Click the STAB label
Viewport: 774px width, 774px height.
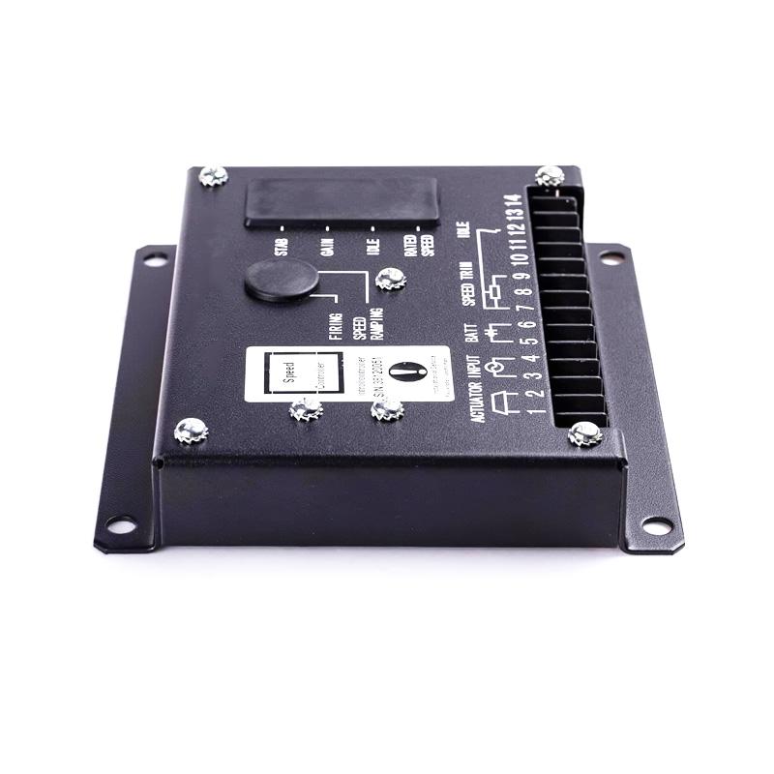pos(283,246)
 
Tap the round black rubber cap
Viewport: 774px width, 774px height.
pos(282,280)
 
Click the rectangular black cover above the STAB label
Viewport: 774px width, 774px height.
pos(341,200)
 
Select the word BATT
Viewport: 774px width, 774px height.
pos(472,334)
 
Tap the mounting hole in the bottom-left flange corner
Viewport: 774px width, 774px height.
pos(121,525)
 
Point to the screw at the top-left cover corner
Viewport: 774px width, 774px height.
pos(213,176)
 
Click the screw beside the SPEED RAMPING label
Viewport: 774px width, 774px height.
pos(390,280)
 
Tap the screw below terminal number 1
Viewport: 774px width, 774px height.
pos(584,432)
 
